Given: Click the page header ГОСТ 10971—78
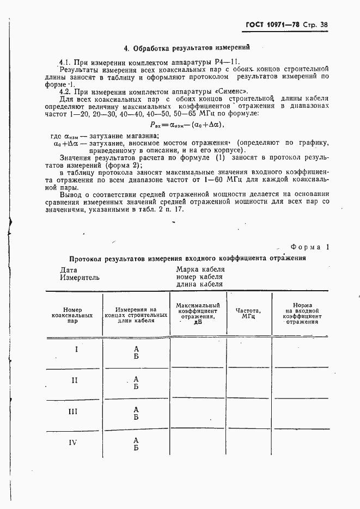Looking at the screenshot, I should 272,24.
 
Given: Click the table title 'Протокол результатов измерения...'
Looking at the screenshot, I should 187,259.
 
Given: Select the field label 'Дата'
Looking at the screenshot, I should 69,269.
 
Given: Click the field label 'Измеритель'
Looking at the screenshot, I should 80,277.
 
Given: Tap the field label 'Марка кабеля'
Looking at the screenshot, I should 200,269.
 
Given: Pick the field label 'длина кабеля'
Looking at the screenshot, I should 199,284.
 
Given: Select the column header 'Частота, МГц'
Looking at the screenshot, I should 248,313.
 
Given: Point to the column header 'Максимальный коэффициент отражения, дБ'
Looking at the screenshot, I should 198,313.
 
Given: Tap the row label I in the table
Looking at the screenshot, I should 76,349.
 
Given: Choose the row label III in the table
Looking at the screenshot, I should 76,412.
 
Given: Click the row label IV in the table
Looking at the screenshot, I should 76,443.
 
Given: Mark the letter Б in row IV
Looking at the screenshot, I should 136,447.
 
